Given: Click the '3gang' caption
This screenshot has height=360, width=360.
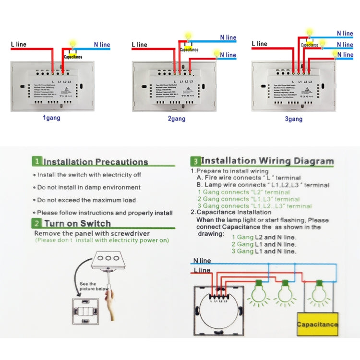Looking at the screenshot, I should pyautogui.click(x=293, y=119).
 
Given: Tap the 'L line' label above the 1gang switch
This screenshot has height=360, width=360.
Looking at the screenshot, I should pyautogui.click(x=19, y=44).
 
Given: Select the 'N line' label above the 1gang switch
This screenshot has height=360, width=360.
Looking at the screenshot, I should pyautogui.click(x=102, y=45).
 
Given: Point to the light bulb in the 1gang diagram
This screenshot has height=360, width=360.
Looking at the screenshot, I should pyautogui.click(x=73, y=43).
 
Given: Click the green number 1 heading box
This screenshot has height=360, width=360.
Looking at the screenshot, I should pyautogui.click(x=37, y=162).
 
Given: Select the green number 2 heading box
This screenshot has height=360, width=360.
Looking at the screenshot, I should pyautogui.click(x=37, y=223).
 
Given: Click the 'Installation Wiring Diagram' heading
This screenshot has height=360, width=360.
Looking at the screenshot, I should pyautogui.click(x=267, y=161).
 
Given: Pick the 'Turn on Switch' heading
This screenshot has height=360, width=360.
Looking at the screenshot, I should pyautogui.click(x=77, y=223).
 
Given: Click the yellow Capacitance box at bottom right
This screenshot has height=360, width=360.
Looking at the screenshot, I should pyautogui.click(x=317, y=324).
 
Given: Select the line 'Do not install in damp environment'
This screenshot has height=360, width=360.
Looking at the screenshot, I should pyautogui.click(x=89, y=188).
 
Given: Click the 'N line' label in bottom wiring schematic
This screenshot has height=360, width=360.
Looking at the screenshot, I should pyautogui.click(x=202, y=261).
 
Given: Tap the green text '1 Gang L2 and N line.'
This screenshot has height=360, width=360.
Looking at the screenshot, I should pyautogui.click(x=264, y=237).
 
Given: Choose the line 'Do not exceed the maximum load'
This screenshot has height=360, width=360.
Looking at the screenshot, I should pyautogui.click(x=86, y=200).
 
